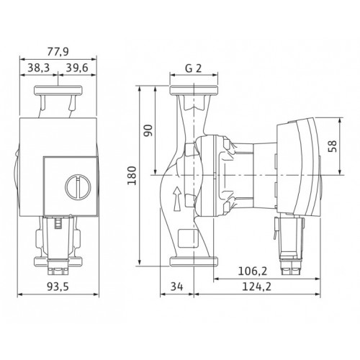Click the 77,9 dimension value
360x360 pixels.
click(58, 52)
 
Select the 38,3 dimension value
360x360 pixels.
click(38, 68)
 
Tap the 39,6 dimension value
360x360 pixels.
click(77, 68)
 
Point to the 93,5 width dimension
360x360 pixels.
click(58, 287)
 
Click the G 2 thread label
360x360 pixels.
click(193, 68)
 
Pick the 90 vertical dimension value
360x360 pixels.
click(148, 130)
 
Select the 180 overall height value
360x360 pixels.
click(132, 176)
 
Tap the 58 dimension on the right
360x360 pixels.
click(333, 146)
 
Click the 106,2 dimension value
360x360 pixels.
click(253, 271)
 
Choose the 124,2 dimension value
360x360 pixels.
click(256, 287)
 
